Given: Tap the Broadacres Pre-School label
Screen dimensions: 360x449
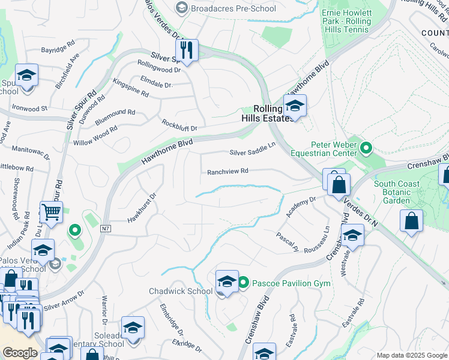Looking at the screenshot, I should click(224, 8).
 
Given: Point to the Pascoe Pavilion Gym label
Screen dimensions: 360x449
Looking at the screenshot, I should click(291, 283).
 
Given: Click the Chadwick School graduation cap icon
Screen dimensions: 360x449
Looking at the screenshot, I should click(226, 281).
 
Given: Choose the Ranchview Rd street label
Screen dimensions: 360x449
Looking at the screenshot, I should click(228, 172).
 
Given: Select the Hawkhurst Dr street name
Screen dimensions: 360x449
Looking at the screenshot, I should click(142, 208).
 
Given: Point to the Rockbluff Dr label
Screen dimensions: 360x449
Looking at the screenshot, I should click(179, 125).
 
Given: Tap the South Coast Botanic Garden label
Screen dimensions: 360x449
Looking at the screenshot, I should click(402, 193).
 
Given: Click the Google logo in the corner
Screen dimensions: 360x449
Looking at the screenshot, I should click(20, 353).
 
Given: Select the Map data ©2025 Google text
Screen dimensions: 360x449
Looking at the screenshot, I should click(411, 355).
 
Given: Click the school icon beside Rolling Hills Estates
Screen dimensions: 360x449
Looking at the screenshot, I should click(295, 107).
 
